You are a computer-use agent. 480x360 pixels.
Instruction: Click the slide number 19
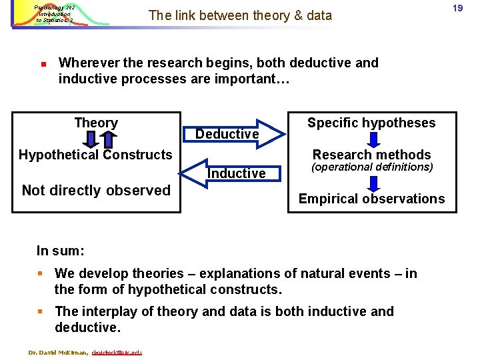(457, 9)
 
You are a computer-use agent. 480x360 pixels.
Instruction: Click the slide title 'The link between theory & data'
(240, 15)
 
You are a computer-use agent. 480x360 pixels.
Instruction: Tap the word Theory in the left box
(96, 123)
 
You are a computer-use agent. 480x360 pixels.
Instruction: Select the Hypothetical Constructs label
(95, 155)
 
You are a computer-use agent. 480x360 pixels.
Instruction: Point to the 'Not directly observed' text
(96, 190)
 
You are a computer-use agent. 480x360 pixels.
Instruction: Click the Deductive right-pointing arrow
(230, 133)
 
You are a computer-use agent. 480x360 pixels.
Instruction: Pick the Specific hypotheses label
(371, 123)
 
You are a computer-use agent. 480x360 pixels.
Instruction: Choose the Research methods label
(372, 155)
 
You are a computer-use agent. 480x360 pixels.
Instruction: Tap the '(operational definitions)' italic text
(372, 167)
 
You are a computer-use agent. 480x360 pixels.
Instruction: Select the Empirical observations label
(371, 198)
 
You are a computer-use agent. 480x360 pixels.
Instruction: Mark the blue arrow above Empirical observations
(373, 181)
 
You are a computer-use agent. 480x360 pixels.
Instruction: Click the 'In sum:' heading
(60, 251)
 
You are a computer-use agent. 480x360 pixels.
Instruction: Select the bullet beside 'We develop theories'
(41, 273)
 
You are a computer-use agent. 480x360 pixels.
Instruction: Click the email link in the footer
(117, 351)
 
